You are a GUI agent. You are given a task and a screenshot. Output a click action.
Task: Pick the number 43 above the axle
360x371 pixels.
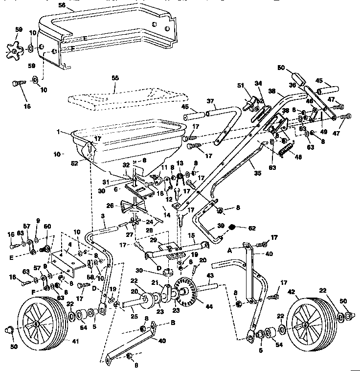click(210, 276)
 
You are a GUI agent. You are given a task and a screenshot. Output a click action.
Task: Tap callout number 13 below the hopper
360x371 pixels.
click(179, 163)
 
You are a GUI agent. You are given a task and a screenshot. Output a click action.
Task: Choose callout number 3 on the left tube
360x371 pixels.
click(102, 216)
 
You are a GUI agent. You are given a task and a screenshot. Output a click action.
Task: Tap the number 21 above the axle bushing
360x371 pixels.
click(153, 283)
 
